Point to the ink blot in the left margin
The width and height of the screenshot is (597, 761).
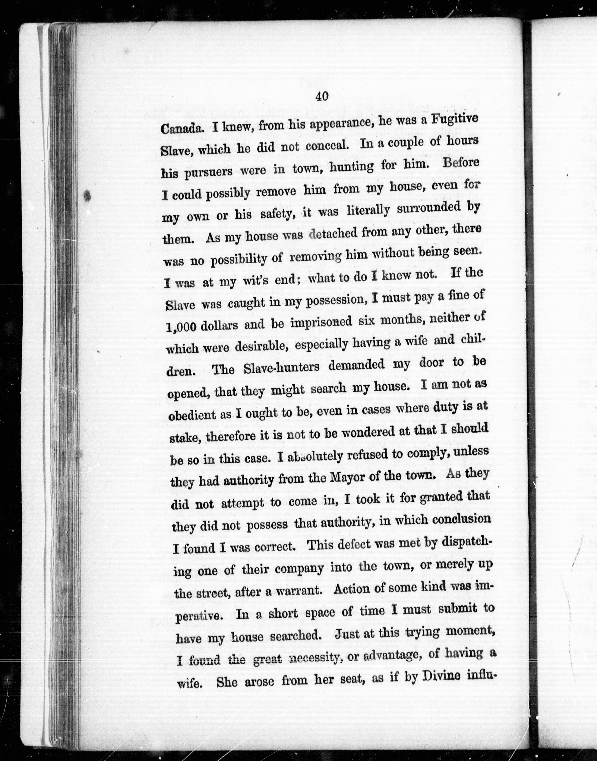pos(87,196)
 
